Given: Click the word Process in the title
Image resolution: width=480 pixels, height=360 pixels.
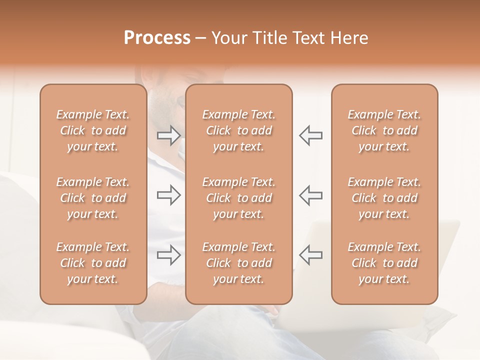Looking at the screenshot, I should [157, 38].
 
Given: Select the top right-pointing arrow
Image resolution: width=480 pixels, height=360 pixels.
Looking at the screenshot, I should [168, 135].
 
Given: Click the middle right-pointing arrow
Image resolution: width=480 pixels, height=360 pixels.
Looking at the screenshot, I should [168, 195].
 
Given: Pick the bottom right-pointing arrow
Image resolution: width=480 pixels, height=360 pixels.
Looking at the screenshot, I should [168, 255].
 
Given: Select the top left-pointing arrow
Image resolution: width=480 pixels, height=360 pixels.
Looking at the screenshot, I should [310, 135].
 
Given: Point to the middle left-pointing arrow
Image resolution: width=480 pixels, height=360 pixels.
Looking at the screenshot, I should [310, 195].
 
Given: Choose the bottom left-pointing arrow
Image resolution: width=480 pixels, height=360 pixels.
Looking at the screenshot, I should [310, 255].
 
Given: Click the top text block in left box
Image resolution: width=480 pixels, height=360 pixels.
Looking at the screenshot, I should [93, 130].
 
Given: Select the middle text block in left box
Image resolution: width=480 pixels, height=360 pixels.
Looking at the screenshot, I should [93, 198].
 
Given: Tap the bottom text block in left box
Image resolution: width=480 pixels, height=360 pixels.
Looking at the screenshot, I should [93, 263].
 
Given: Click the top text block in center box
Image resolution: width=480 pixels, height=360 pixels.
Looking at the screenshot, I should [238, 130].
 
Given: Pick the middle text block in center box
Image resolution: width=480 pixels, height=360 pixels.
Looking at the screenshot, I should [238, 198].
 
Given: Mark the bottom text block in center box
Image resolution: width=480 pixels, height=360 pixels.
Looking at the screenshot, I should [238, 263].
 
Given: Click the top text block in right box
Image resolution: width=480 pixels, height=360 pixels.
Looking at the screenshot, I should [384, 130].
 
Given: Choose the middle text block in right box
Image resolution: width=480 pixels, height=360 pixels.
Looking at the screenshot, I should [384, 198].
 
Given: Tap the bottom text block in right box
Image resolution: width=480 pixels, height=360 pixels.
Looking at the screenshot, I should [384, 263].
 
